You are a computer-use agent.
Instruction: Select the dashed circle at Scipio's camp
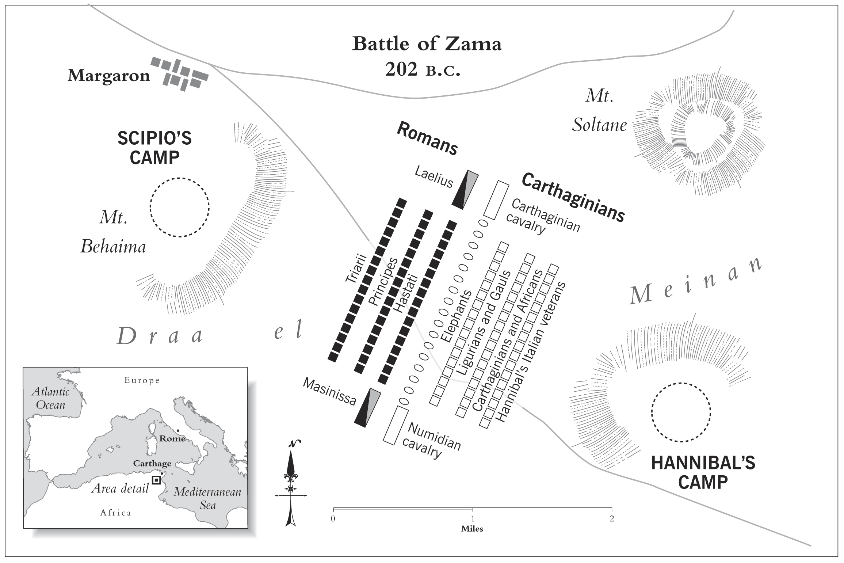[180, 207]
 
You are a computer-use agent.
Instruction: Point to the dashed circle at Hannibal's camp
[681, 412]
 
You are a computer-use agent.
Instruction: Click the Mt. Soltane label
[599, 111]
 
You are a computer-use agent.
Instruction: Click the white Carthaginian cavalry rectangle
[496, 200]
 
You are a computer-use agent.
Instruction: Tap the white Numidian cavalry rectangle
[396, 425]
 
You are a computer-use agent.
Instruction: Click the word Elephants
[456, 316]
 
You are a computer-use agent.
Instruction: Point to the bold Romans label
[427, 138]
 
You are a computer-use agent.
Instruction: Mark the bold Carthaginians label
[573, 197]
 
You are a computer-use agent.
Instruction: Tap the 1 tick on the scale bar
[473, 509]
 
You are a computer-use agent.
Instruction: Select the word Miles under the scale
[472, 529]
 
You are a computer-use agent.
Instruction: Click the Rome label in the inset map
[172, 438]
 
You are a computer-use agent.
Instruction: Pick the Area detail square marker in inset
[156, 480]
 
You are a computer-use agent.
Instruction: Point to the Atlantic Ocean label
[50, 398]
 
